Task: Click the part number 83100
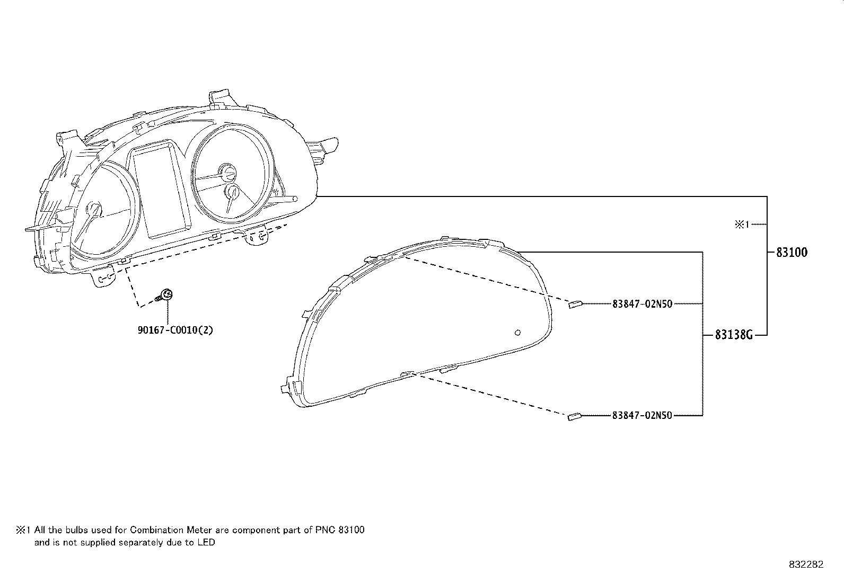tap(792, 253)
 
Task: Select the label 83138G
tap(734, 335)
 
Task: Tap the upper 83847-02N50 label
tap(642, 304)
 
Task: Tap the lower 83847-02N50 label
tap(642, 416)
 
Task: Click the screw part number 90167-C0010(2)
tap(175, 330)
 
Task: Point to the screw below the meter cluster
tap(165, 296)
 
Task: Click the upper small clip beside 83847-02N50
tap(575, 304)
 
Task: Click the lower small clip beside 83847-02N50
tap(575, 417)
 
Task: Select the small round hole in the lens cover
tap(518, 333)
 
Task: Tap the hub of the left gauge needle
tap(94, 209)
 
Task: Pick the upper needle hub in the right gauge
tap(228, 172)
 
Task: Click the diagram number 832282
tap(806, 565)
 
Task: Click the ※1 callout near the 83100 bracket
tap(742, 225)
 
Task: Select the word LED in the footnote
tap(207, 542)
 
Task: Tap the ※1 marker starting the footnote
tap(24, 530)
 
